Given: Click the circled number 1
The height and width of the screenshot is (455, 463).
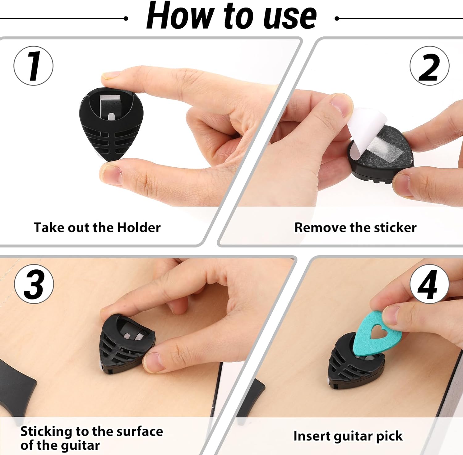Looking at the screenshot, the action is coord(33,66).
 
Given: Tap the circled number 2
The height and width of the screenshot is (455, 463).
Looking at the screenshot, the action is coord(429,66).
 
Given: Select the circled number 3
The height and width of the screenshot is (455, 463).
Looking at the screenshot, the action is coord(34,284).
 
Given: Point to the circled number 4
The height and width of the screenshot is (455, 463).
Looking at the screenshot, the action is coord(429,284).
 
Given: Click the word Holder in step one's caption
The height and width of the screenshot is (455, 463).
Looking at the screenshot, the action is coord(139,227).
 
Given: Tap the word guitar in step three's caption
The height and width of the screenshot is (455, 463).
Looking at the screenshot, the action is coord(80,445).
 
